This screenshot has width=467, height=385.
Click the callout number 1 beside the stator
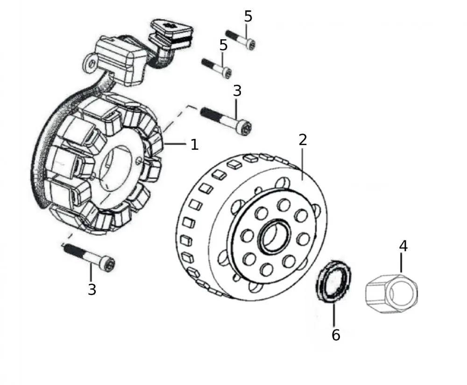pyautogui.click(x=194, y=145)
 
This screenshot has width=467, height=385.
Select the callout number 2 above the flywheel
pyautogui.click(x=303, y=139)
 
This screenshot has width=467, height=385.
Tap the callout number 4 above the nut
pyautogui.click(x=403, y=246)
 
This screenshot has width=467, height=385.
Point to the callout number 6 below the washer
pyautogui.click(x=336, y=335)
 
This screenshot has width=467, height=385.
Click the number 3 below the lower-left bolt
pyautogui.click(x=92, y=290)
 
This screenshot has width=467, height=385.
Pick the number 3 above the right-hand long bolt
pyautogui.click(x=237, y=91)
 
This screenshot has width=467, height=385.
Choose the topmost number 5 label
pyautogui.click(x=248, y=16)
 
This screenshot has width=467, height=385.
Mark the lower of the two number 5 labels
pyautogui.click(x=223, y=45)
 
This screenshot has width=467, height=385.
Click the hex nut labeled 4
pyautogui.click(x=391, y=293)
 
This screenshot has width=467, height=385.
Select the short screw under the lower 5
pyautogui.click(x=217, y=68)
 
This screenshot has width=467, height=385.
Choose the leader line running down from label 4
pyautogui.click(x=402, y=263)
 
